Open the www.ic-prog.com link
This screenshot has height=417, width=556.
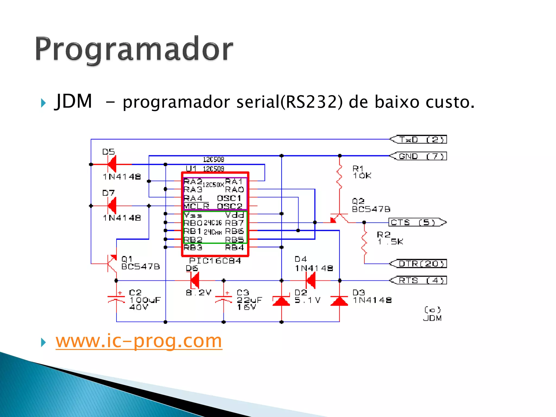(x=139, y=341)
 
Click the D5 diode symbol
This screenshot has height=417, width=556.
(x=112, y=164)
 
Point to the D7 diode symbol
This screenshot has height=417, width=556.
(x=112, y=206)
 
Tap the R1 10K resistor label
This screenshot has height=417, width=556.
(x=362, y=172)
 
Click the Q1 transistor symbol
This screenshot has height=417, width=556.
(x=112, y=263)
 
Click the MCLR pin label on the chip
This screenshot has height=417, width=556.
(x=196, y=206)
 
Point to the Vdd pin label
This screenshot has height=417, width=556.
(x=235, y=215)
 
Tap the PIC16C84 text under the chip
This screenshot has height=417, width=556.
(x=215, y=261)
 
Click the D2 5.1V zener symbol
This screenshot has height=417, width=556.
(x=281, y=301)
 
